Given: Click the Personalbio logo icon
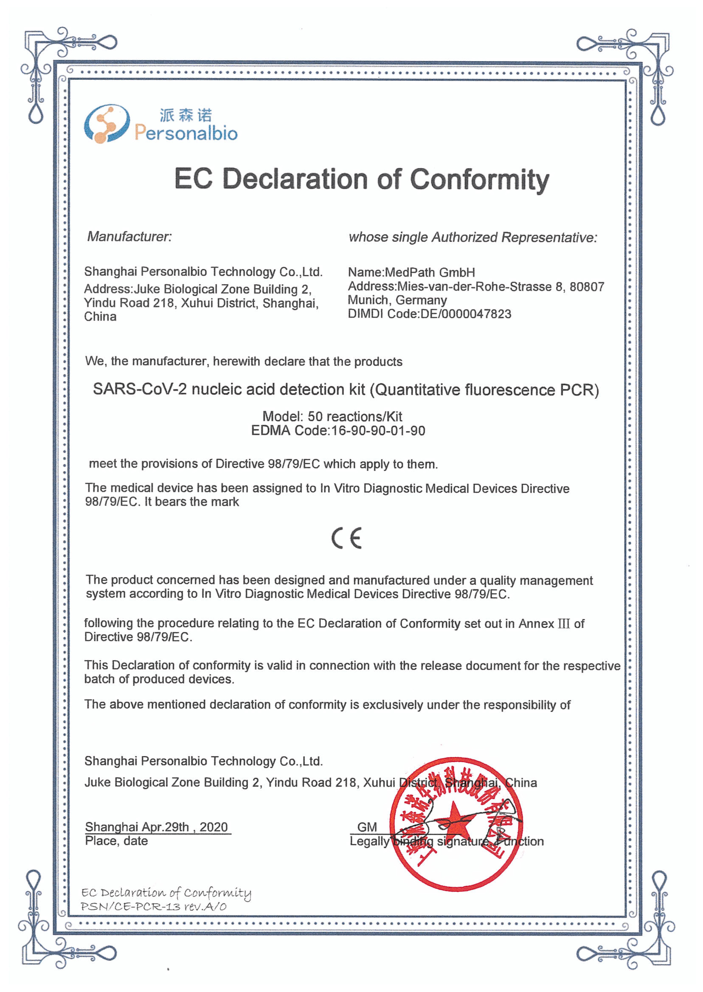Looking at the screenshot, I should [x=106, y=124].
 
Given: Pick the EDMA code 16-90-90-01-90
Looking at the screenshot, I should [x=378, y=431].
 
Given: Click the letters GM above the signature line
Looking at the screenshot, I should [x=367, y=827].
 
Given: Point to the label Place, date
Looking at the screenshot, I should [x=116, y=841].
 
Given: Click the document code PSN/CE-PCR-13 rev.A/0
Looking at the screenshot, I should [x=154, y=906].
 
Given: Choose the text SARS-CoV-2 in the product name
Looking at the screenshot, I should [x=140, y=389].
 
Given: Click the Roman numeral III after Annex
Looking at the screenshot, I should [x=563, y=624].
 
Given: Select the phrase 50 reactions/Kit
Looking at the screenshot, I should [x=355, y=417].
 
